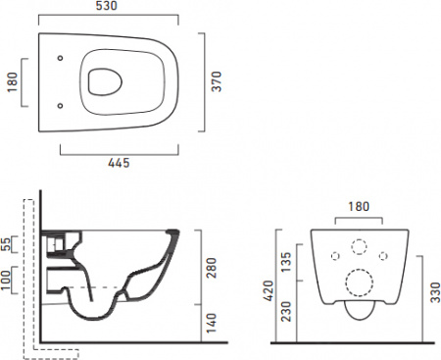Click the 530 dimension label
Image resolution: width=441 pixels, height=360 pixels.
[x=106, y=6]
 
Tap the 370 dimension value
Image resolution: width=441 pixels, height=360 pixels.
[x=217, y=81]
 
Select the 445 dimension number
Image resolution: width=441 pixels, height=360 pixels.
[x=119, y=163]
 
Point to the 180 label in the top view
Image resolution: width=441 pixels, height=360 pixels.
[x=12, y=82]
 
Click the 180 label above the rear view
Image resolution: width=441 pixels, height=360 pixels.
[x=359, y=206]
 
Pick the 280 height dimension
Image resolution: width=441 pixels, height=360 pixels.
[x=212, y=268]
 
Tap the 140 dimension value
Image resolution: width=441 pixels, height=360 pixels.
[x=212, y=323]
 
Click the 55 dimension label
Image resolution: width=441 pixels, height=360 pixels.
[x=6, y=244]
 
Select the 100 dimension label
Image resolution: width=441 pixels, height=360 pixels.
[x=6, y=280]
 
